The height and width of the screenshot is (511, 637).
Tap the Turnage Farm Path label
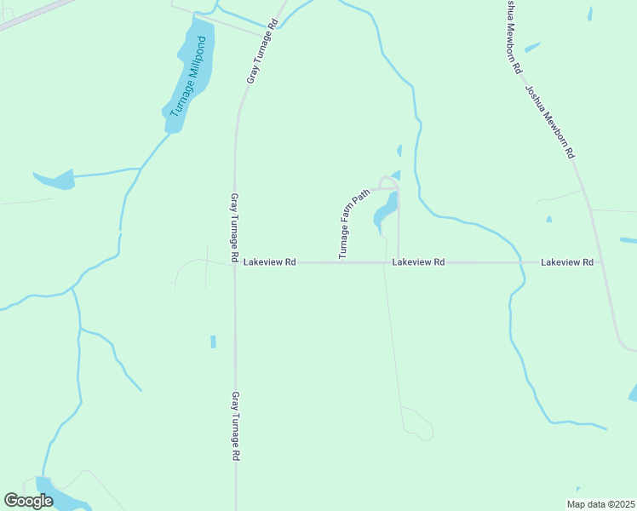355,224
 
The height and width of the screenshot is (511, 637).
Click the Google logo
28,501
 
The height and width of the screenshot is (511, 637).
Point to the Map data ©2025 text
600,504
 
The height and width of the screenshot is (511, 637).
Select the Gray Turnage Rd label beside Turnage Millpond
263,51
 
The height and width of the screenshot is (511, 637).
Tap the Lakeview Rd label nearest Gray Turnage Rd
269,262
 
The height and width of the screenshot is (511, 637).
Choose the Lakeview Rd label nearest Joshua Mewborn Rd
566,262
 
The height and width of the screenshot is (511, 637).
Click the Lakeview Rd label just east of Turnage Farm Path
418,262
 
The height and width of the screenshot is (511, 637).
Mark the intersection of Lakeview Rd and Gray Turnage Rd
235,263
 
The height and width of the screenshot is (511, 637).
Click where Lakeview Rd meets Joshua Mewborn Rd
603,263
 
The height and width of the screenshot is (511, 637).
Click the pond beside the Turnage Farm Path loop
386,210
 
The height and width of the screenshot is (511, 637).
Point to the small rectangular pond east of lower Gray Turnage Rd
213,342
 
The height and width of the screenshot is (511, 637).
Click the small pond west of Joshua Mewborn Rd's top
532,48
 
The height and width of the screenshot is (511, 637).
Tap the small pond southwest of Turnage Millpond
56,180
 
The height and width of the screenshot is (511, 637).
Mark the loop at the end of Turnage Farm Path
389,181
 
